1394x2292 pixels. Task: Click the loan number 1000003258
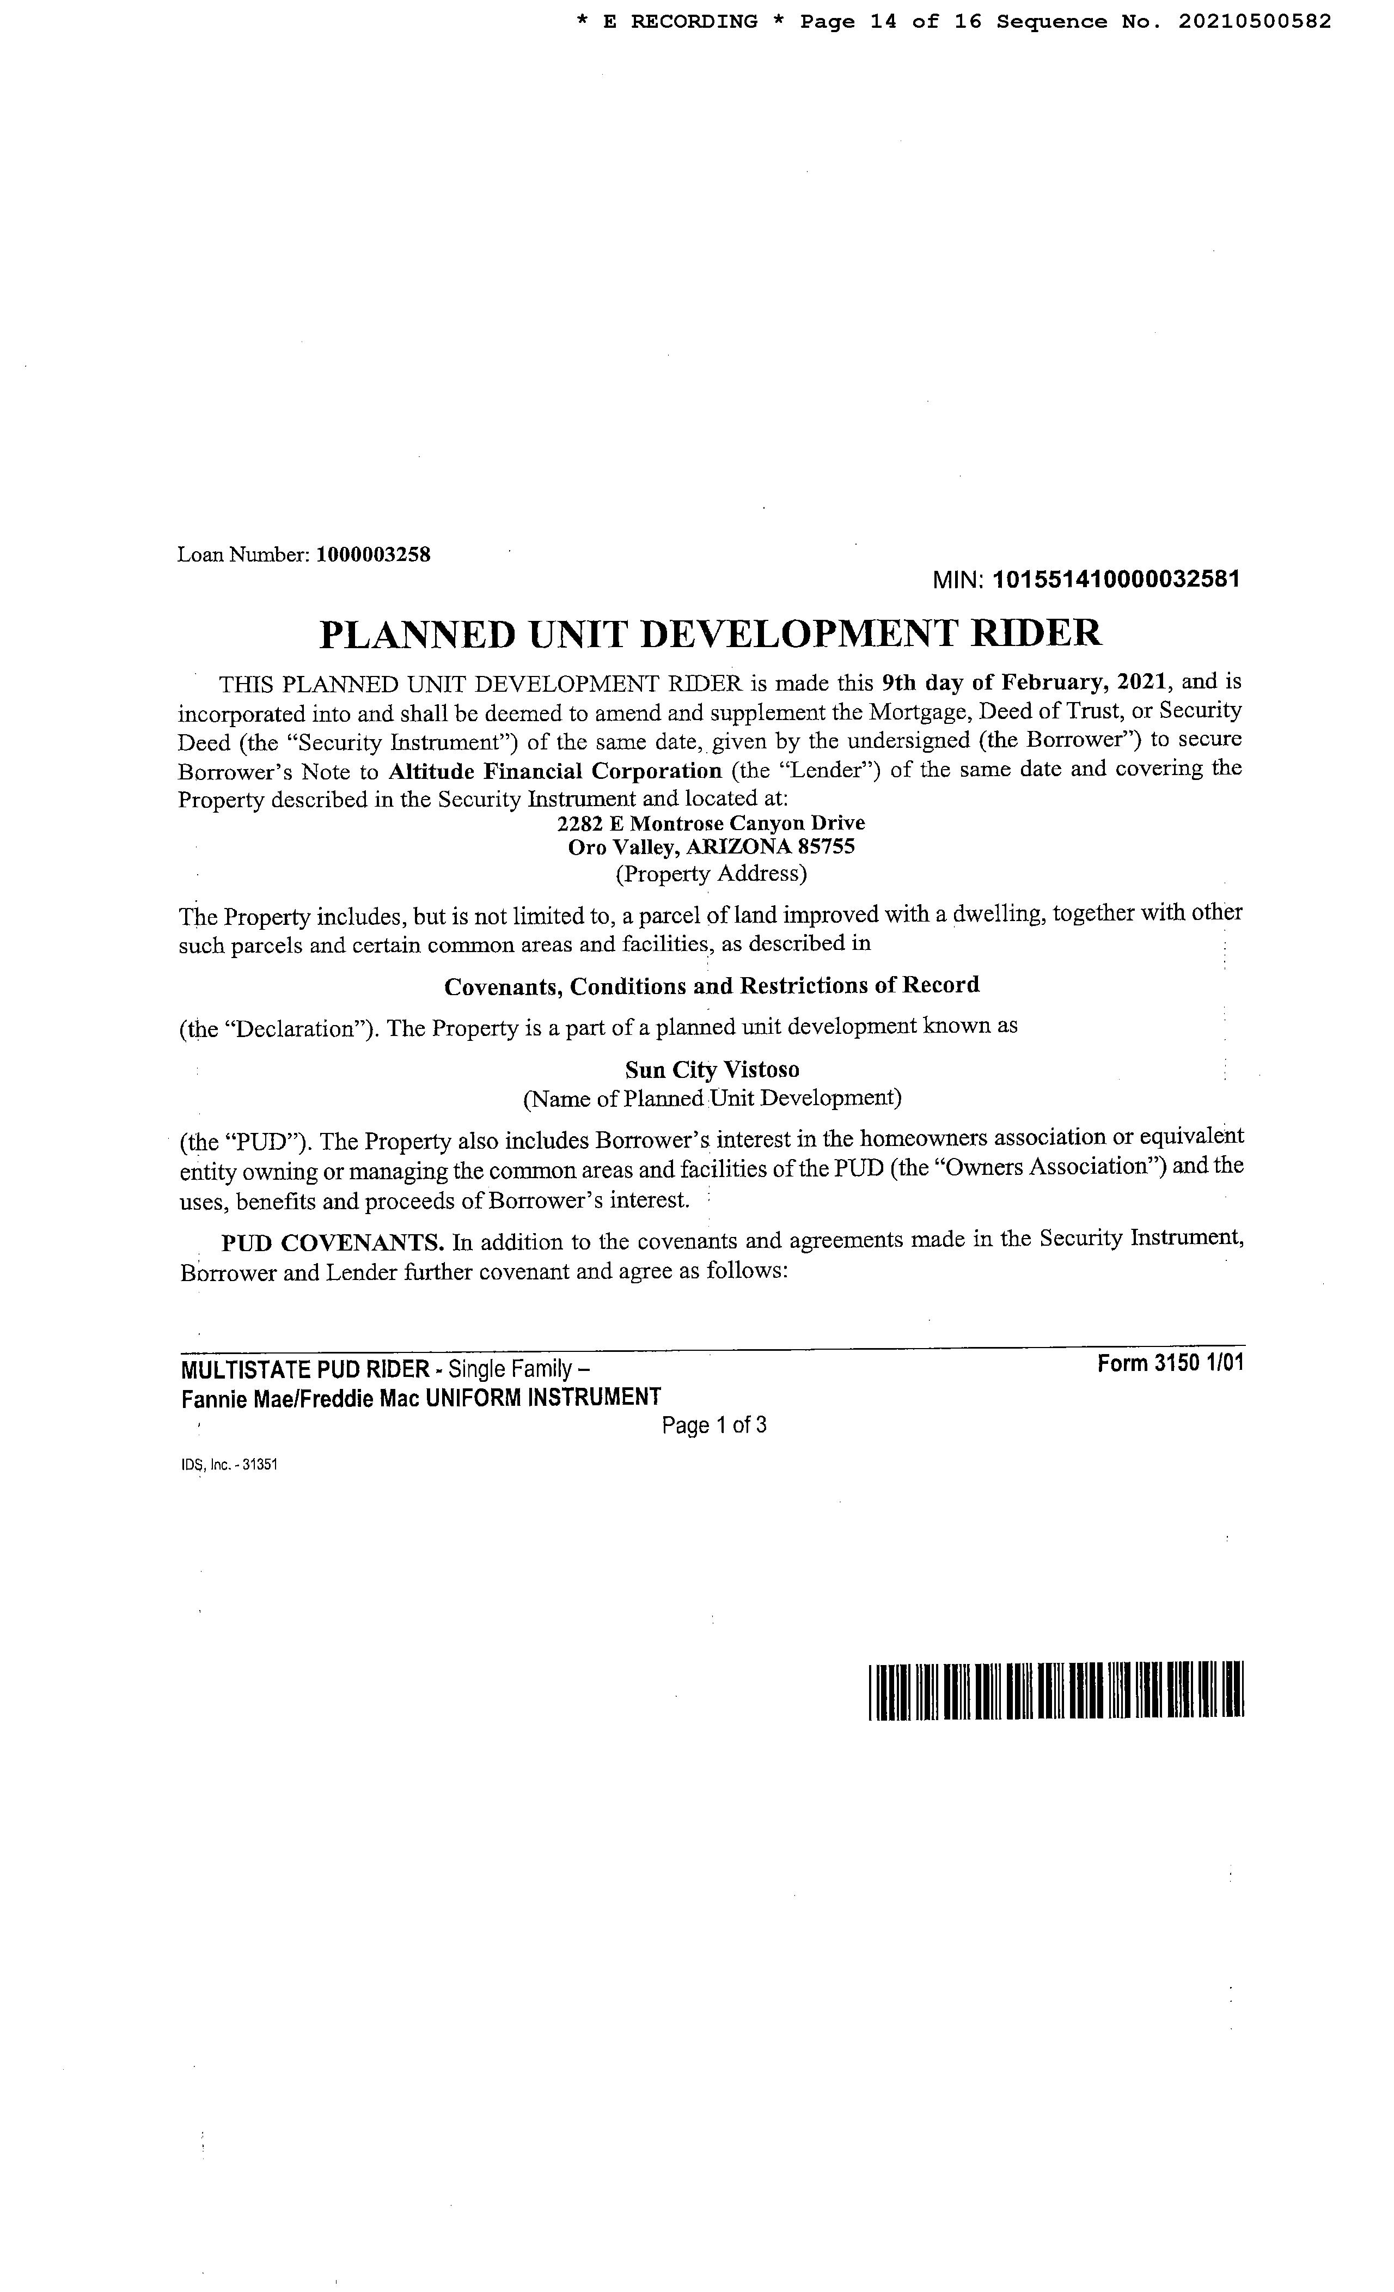point(373,556)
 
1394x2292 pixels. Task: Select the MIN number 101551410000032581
point(1116,580)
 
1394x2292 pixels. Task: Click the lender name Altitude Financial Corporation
point(555,771)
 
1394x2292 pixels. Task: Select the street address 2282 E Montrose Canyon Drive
point(711,823)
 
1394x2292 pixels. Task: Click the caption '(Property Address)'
point(711,874)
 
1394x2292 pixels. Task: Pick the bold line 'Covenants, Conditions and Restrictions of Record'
point(711,985)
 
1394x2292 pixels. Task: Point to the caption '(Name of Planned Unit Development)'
point(711,1099)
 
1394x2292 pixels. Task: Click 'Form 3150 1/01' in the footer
point(1170,1364)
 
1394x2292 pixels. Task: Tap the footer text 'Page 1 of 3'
point(713,1425)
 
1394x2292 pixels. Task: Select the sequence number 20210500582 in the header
point(1255,21)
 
